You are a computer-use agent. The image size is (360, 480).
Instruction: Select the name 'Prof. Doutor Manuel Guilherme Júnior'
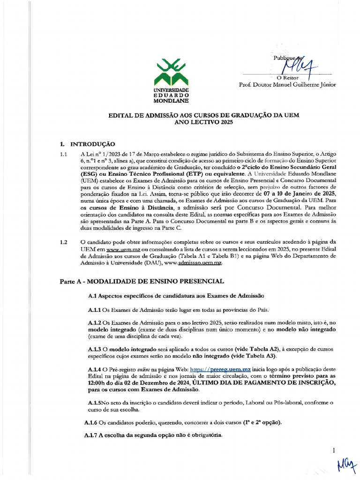click(287, 85)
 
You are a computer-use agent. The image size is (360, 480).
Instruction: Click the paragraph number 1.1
click(63, 154)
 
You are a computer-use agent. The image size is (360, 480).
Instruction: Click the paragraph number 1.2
click(63, 242)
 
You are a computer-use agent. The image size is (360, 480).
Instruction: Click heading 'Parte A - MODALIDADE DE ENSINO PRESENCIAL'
click(142, 281)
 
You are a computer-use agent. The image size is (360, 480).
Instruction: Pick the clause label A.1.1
click(94, 310)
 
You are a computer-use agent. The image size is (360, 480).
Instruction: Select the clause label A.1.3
click(94, 349)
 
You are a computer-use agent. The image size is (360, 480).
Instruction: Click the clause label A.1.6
click(90, 423)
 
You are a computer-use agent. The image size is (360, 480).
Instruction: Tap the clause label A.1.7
click(90, 436)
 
